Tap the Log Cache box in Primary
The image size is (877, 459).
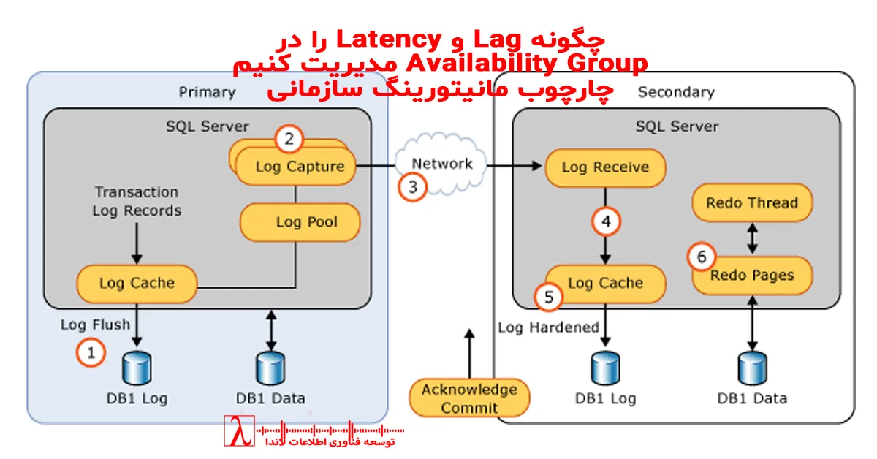click(137, 284)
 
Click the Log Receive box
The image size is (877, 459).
click(605, 167)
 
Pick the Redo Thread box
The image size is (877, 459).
click(751, 203)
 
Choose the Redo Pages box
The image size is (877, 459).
click(753, 276)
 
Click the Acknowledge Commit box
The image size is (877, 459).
click(469, 398)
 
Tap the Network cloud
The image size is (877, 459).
click(442, 163)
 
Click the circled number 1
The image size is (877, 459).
click(91, 353)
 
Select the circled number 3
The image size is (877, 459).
click(413, 186)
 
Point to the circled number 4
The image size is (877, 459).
click(606, 220)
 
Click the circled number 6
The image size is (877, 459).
click(702, 257)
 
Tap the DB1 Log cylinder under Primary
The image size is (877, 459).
click(137, 369)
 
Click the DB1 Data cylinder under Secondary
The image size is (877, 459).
click(751, 368)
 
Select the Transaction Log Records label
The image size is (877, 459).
click(137, 201)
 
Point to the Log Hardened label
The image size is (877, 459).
click(548, 327)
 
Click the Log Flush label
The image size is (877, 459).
click(95, 325)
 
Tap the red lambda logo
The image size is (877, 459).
click(239, 431)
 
